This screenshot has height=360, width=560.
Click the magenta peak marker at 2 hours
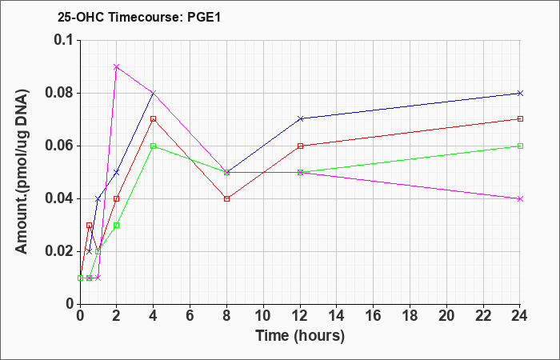click(117, 66)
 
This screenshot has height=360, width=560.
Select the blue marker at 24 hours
click(520, 94)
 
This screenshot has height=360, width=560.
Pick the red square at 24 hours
click(520, 119)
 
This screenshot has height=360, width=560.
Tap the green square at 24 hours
click(520, 146)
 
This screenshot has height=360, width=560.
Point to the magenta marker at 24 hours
click(520, 198)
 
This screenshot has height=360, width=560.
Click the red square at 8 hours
click(226, 198)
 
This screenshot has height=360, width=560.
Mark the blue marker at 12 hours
click(300, 118)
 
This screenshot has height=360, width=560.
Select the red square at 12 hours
click(300, 146)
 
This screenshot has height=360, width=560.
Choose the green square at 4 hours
click(154, 146)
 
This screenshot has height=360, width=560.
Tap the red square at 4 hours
click(154, 119)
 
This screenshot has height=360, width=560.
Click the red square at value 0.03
click(90, 226)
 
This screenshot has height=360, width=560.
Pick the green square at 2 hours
click(117, 226)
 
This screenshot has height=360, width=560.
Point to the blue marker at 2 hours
click(117, 172)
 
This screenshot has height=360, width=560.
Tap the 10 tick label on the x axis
click(263, 316)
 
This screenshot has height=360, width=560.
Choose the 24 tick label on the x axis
click(520, 316)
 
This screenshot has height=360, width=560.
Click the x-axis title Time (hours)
click(300, 336)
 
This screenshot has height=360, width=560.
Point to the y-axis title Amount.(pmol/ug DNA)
click(22, 172)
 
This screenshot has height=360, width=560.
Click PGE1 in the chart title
click(203, 17)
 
